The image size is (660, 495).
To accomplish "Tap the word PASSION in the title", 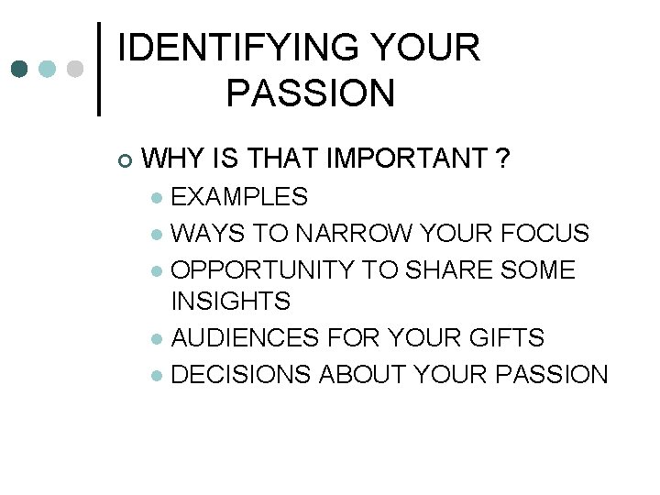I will [x=309, y=93].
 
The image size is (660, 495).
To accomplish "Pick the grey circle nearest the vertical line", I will [x=75, y=70].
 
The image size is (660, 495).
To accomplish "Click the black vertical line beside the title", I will [x=99, y=70].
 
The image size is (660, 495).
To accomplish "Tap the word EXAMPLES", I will [x=239, y=197].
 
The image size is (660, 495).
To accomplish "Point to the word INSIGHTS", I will [x=230, y=301].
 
